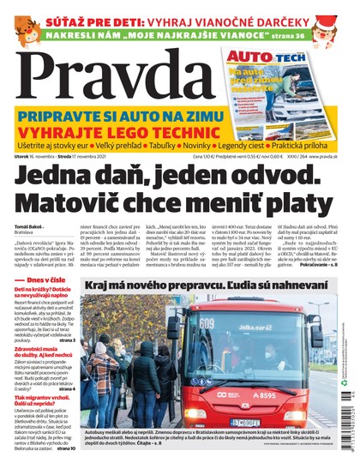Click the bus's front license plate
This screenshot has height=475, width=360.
pyautogui.click(x=246, y=422)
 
